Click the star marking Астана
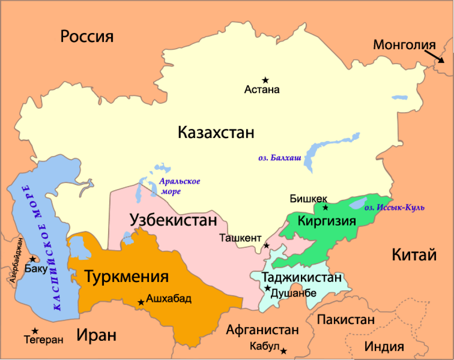265,80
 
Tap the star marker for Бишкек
325,207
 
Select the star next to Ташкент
267,245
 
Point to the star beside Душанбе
267,288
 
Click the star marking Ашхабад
141,302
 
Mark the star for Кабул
284,351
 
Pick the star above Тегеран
36,330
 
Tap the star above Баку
32,259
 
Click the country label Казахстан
216,133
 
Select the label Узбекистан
173,220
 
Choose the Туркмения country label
126,277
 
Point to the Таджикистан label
301,277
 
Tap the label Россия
87,36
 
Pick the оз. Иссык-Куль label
394,207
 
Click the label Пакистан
346,320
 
